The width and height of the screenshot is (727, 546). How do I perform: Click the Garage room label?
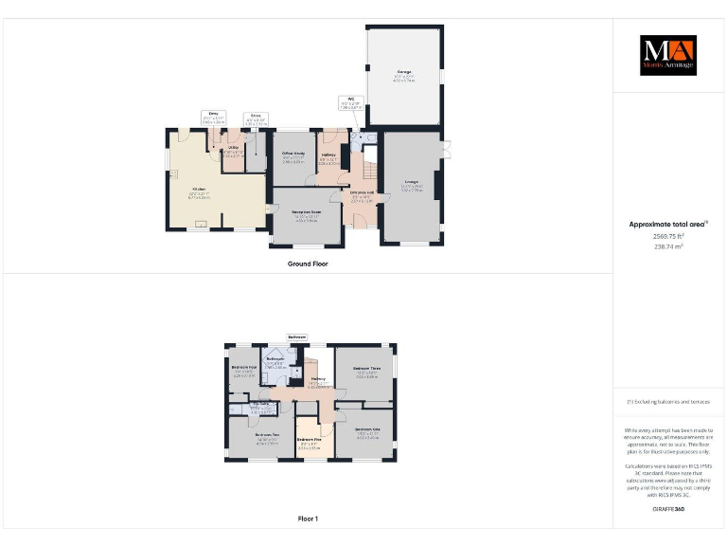(x=404, y=72)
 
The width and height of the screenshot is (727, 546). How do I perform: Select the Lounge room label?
(x=412, y=184)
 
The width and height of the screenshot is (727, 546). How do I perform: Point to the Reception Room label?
(x=307, y=211)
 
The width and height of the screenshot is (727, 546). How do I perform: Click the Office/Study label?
(x=293, y=153)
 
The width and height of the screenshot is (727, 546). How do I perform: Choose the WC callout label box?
(x=350, y=100)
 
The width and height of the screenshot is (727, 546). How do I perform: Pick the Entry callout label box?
(x=214, y=115)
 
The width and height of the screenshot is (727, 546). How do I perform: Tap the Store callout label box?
(x=256, y=116)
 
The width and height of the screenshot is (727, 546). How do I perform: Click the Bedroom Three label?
(x=367, y=368)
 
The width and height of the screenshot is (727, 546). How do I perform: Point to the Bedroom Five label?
(x=309, y=440)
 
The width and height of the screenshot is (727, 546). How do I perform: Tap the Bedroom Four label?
(x=244, y=367)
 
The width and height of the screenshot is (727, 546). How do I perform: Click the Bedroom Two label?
(x=265, y=435)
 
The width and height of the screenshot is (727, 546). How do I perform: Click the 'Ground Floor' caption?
(x=308, y=264)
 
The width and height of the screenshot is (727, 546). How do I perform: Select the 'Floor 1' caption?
(x=308, y=519)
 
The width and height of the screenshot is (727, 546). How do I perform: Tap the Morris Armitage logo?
(x=667, y=55)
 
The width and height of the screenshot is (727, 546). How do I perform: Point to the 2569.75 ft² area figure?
(x=668, y=236)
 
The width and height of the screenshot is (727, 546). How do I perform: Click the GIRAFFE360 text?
(x=668, y=510)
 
